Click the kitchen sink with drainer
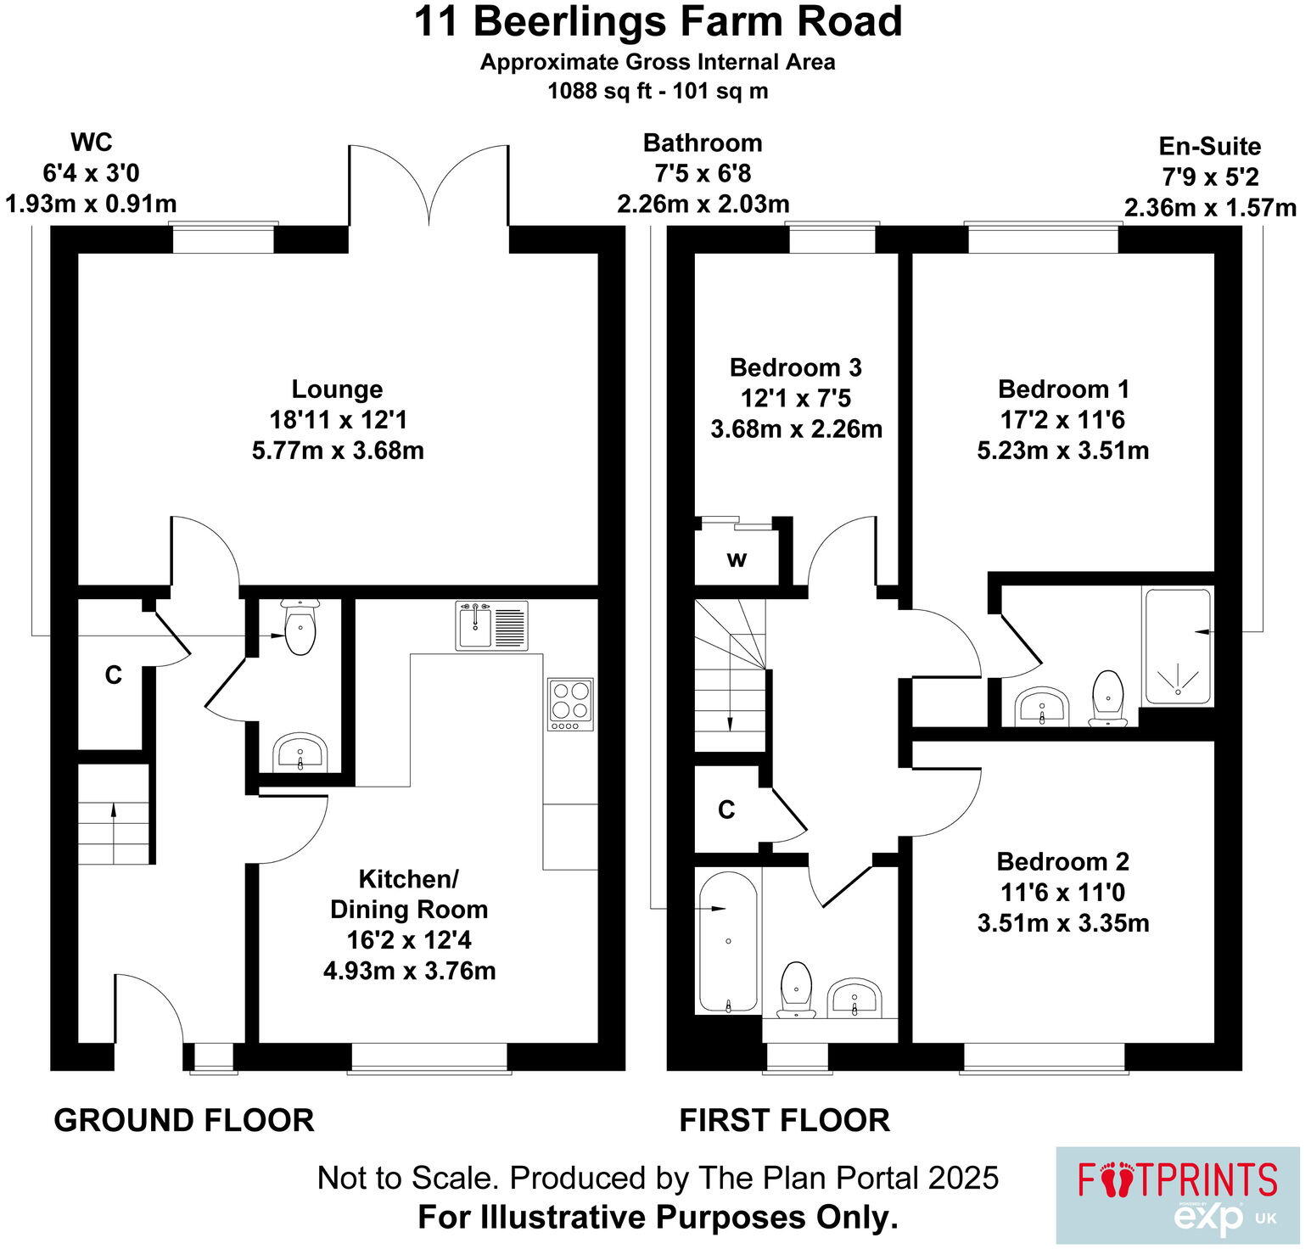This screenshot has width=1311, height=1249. [491, 625]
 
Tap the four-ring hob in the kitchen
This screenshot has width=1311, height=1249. [570, 704]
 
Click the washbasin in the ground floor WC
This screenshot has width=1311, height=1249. [300, 752]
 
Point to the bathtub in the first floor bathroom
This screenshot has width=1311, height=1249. [728, 942]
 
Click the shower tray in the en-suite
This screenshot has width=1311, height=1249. [1178, 647]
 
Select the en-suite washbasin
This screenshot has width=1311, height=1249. [1043, 706]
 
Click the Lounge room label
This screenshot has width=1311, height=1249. [337, 389]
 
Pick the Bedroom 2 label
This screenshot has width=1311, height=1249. [1062, 862]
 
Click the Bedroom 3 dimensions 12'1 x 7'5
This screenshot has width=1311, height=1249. [796, 398]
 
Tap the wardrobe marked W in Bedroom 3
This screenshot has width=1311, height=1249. [737, 559]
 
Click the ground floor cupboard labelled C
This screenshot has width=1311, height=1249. [113, 675]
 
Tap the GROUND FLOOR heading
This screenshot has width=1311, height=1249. [184, 1120]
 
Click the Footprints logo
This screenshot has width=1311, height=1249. [1177, 1195]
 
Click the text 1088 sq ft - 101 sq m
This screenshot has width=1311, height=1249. [658, 91]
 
